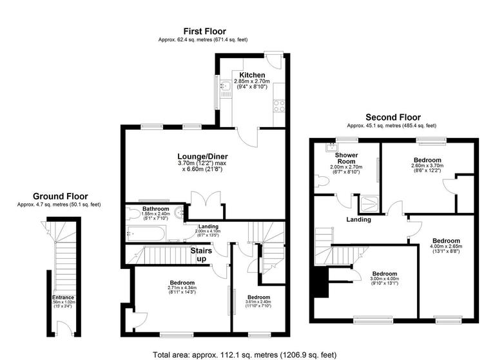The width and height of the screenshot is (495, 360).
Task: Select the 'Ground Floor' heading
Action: pos(61,196)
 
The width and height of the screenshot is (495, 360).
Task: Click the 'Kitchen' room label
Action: pos(252,75)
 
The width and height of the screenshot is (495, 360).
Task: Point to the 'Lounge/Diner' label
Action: pos(203,156)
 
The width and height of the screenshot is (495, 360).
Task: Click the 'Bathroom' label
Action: pos(156,209)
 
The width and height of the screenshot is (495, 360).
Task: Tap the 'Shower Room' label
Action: pos(345,159)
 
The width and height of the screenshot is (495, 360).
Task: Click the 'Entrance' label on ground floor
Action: pos(63,297)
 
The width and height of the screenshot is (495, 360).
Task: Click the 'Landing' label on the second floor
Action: pos(358,219)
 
